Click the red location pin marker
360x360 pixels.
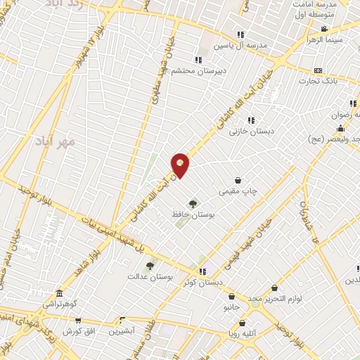pos(180,165)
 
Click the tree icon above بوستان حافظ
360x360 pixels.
pos(193,203)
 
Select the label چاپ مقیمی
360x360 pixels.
pos(239,190)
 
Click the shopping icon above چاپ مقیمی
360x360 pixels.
pos(239,180)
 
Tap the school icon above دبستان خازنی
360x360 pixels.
pos(251,121)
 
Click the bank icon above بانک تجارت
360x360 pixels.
pos(319,70)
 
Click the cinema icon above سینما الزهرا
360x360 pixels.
pos(324,29)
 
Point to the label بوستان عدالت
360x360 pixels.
pos(150,276)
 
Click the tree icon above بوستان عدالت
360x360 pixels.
pos(149,266)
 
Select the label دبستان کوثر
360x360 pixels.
pos(201,281)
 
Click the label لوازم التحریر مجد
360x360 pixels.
pos(274,298)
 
